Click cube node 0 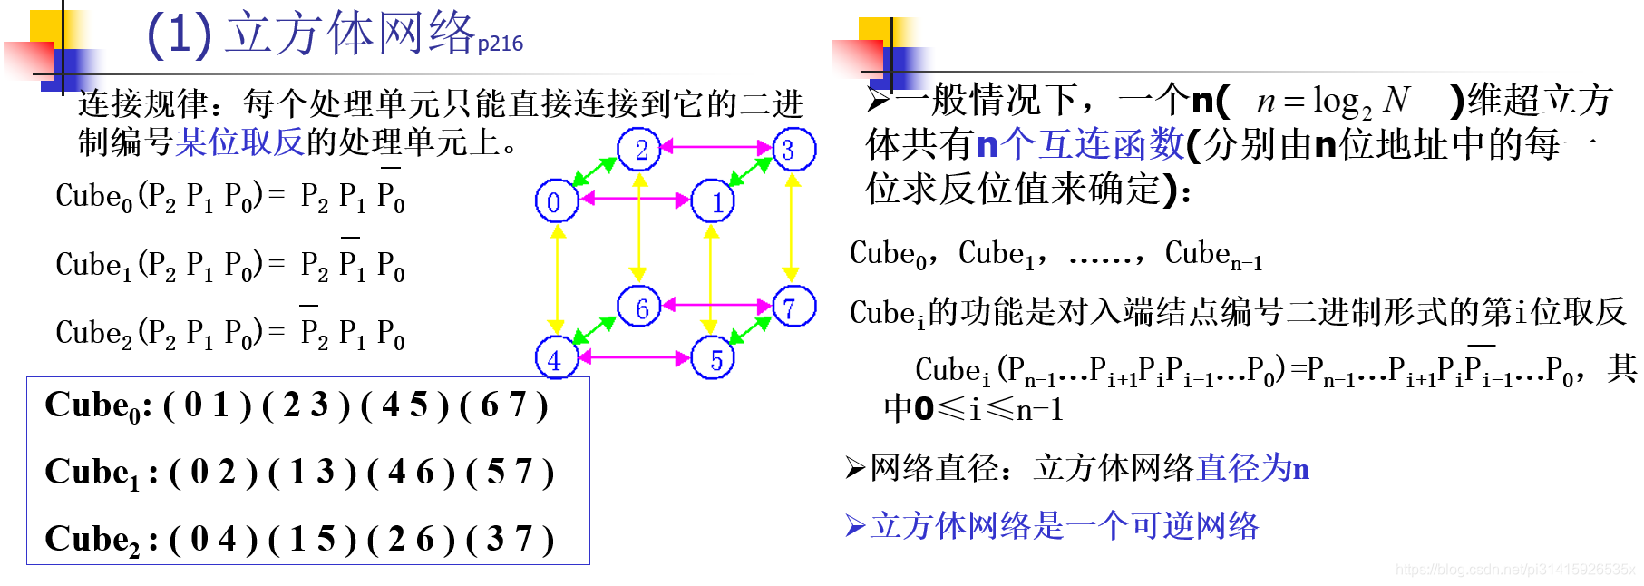point(555,201)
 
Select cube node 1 point(714,201)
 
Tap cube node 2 point(639,149)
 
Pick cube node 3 point(793,149)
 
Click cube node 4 point(555,359)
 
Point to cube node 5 point(714,359)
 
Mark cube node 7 point(793,307)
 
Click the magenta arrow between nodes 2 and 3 point(716,145)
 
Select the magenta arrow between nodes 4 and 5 point(634,357)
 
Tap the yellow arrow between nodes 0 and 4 point(557,279)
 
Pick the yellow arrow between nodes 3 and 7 point(792,227)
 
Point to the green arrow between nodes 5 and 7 point(751,330)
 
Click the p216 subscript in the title point(500,44)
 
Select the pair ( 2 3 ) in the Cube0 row point(306,405)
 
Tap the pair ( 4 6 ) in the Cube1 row point(410,473)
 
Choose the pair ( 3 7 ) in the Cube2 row point(509,540)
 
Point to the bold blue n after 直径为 point(1300,469)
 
